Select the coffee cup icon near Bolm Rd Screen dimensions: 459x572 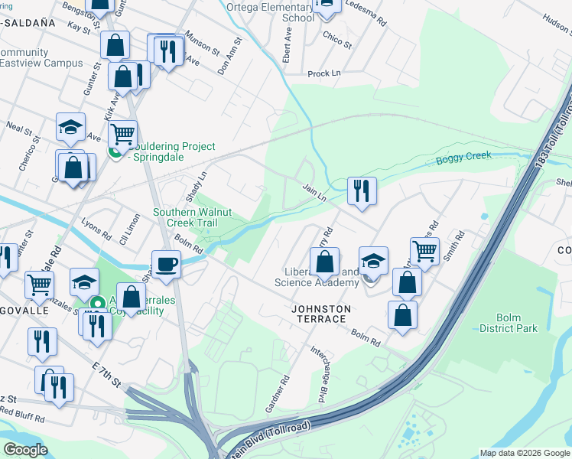tap(166, 264)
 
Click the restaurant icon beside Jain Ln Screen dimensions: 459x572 tap(362, 190)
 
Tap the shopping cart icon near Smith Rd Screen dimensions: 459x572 tap(424, 250)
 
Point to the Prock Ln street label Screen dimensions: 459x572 tap(323, 73)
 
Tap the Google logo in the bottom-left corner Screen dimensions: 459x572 tap(25, 450)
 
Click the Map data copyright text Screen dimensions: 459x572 tap(524, 453)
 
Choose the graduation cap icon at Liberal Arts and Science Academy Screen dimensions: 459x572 tap(374, 261)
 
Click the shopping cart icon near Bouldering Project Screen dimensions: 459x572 tap(122, 134)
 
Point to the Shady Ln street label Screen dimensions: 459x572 tap(196, 183)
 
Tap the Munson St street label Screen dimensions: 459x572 tap(202, 47)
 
